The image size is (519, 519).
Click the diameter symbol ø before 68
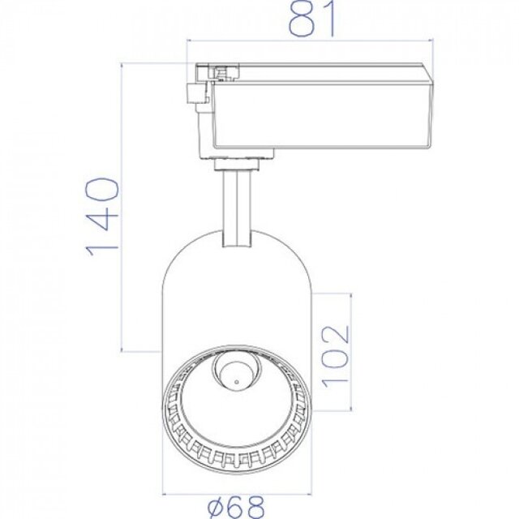217,508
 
